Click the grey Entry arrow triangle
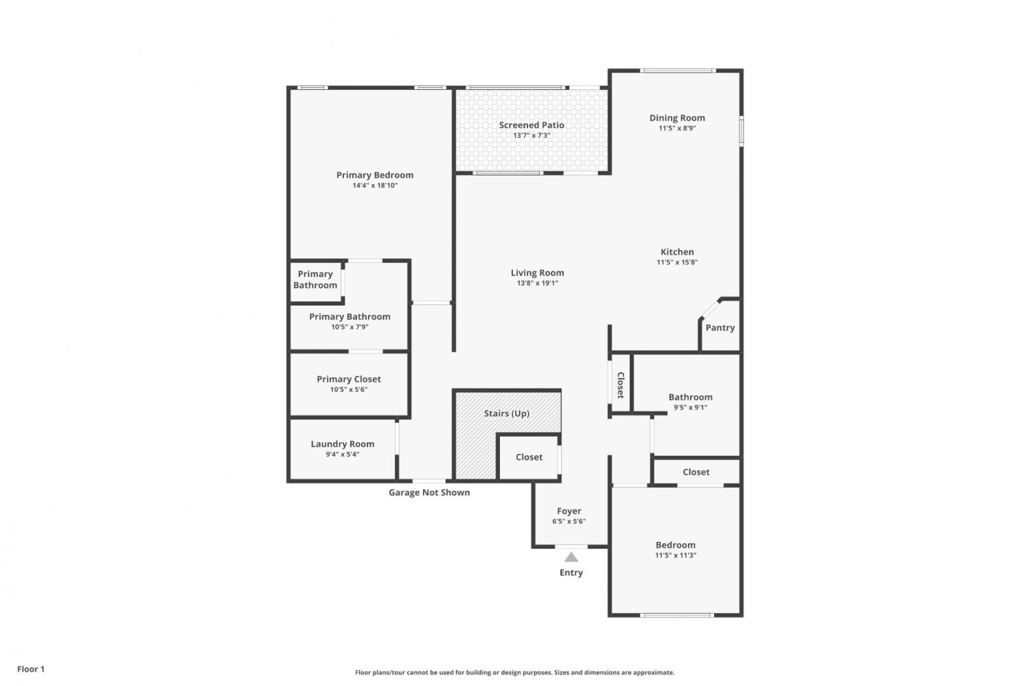coord(571,558)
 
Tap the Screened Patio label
coord(531,125)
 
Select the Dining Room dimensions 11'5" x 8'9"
coord(677,128)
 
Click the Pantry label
coord(720,328)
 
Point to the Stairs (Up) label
coord(507,413)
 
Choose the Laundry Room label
coord(343,444)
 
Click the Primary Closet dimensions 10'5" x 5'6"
coord(349,389)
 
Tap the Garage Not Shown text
coord(429,492)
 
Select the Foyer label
coord(569,511)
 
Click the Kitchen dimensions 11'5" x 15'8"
coord(677,262)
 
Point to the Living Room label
coord(538,273)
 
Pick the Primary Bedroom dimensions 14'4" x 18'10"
coord(375,186)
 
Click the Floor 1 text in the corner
coord(31,669)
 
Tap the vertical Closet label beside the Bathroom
coord(620,385)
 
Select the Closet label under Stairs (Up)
coord(529,457)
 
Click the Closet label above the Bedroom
coord(696,472)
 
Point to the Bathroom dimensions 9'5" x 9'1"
coord(691,407)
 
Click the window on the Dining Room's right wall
coord(741,132)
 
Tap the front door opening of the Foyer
coord(571,547)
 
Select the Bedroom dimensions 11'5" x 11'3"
coord(676,556)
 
